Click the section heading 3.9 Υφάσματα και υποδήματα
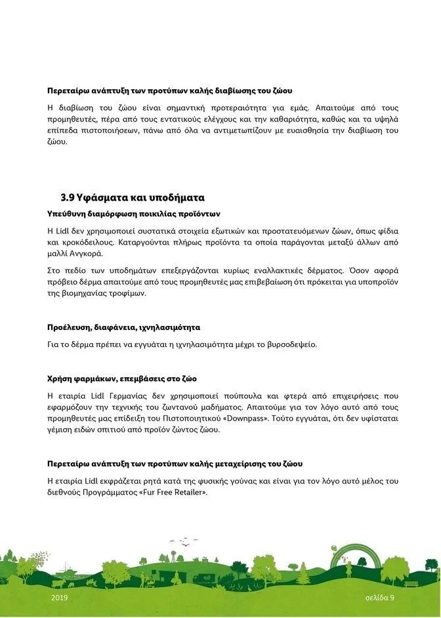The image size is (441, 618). click(132, 197)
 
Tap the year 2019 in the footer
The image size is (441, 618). click(59, 598)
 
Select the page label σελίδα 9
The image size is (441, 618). click(380, 598)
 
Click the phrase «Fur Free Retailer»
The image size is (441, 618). click(173, 491)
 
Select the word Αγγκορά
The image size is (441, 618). click(85, 253)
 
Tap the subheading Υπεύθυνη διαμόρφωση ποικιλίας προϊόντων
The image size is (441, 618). click(133, 214)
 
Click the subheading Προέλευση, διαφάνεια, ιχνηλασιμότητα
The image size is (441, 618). click(123, 327)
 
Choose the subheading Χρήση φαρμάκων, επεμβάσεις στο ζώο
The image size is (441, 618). click(122, 379)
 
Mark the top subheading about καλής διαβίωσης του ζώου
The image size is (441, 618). click(169, 90)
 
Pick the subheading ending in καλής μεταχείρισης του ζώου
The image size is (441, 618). click(175, 464)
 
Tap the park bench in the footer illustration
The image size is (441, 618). click(411, 583)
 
